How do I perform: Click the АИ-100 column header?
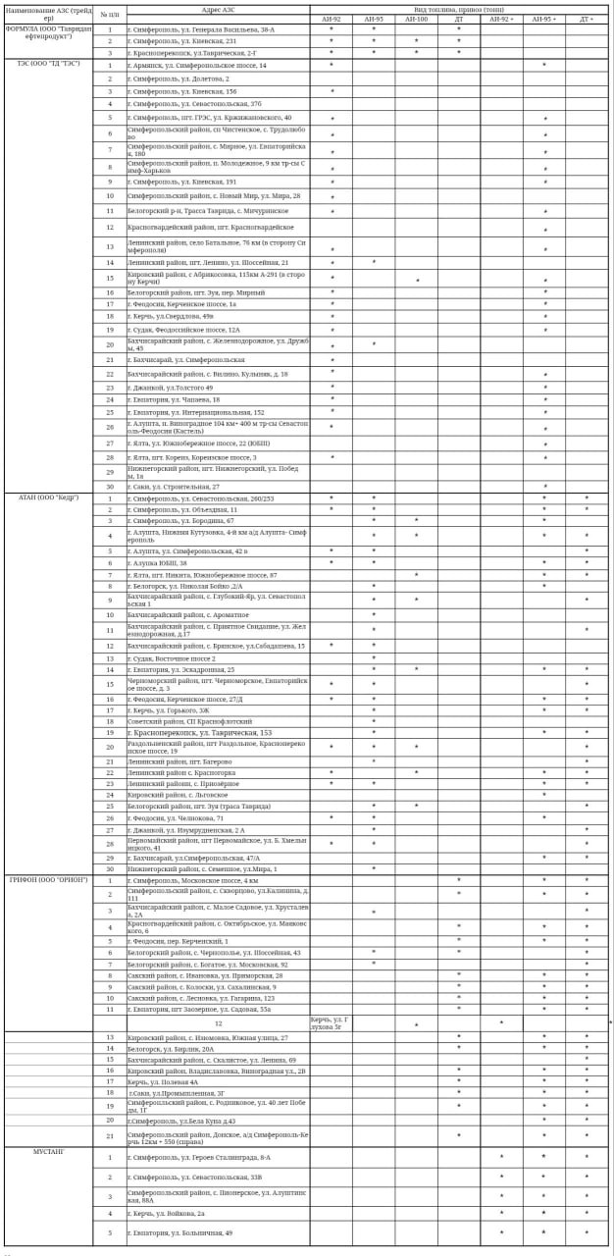(x=416, y=19)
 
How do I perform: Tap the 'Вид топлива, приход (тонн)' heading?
(x=458, y=9)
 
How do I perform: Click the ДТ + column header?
(x=586, y=19)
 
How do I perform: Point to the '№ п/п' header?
(x=110, y=14)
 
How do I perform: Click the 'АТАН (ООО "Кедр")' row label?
(x=48, y=497)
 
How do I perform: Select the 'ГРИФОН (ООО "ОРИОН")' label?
(x=48, y=880)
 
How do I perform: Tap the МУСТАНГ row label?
(x=48, y=1151)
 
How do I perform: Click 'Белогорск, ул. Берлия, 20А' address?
(x=171, y=1048)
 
